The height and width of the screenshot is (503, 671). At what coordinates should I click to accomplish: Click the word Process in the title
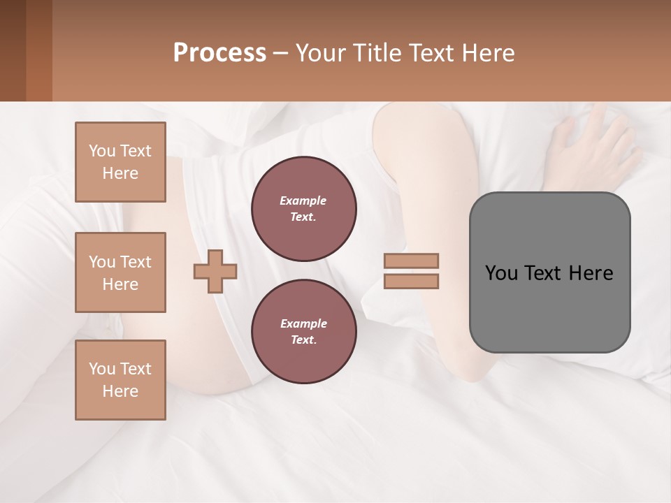(x=219, y=53)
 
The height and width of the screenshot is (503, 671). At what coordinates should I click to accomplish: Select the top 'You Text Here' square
(x=120, y=162)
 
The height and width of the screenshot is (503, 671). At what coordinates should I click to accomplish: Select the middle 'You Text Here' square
(x=120, y=272)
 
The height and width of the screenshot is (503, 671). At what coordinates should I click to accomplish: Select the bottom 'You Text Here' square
(x=120, y=380)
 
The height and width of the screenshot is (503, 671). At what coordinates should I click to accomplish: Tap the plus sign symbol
(x=215, y=270)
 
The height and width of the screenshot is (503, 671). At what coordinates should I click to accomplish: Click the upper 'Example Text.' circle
(x=304, y=209)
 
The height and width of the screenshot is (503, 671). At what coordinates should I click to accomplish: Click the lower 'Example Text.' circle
(x=304, y=332)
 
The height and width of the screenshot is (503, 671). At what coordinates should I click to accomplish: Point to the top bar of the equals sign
(x=412, y=261)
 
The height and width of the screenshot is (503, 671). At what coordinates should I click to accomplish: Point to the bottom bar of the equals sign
(x=412, y=281)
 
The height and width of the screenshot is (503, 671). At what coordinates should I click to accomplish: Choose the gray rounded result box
(x=549, y=272)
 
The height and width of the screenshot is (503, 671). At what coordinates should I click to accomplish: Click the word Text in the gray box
(x=542, y=273)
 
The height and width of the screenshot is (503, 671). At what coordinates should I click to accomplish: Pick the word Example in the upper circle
(x=303, y=201)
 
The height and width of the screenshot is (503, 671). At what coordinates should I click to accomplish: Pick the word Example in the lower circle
(x=303, y=323)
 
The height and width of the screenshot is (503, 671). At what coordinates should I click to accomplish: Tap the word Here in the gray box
(x=591, y=273)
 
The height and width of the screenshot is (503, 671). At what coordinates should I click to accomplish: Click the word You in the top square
(x=101, y=151)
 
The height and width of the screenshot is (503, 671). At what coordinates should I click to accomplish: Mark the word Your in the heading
(x=319, y=53)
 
